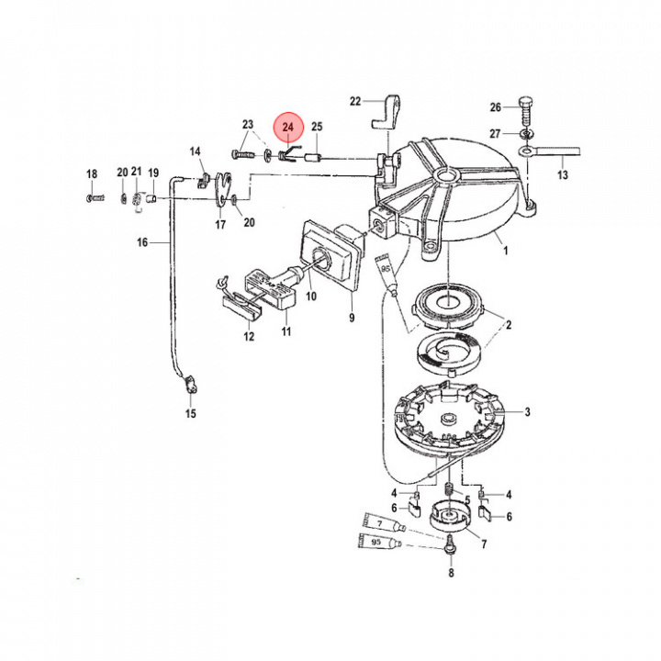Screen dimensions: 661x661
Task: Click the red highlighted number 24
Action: coord(288,127)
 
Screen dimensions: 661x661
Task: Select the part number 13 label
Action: coord(563,174)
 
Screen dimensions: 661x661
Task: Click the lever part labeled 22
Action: coord(387,112)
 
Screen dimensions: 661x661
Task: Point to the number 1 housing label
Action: coord(506,251)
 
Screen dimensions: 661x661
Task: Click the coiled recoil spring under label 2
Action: coord(448,351)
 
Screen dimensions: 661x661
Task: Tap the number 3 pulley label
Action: coord(527,412)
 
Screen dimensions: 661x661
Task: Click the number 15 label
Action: coord(191,413)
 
